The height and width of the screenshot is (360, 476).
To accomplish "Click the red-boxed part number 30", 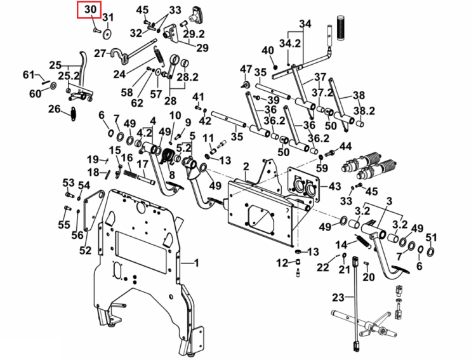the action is pos(90,9).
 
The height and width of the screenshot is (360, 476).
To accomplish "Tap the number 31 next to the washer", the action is pos(108,17).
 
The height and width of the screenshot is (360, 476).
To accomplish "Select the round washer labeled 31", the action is pos(107,34).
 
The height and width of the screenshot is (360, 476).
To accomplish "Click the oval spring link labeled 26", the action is pos(74,114).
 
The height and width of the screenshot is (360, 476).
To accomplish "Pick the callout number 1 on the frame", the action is pos(196,263).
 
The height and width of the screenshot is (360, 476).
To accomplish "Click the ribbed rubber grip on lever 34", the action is pos(341,27).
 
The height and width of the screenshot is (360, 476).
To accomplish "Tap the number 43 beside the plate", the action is pos(334,186).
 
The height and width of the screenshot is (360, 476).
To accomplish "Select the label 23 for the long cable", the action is pos(338,297).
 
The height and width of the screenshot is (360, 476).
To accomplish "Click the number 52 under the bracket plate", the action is pos(85,250).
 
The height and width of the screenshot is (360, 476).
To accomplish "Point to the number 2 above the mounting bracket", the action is pos(246,166).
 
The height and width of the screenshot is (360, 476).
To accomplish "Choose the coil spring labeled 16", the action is pos(130,174).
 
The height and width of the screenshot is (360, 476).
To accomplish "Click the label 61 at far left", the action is pos(29,74).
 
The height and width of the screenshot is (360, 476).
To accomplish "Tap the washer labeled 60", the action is pos(53,86).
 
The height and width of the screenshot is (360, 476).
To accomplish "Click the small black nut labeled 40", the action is pos(275,67).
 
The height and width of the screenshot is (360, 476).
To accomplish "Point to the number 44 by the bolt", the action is pos(345,146).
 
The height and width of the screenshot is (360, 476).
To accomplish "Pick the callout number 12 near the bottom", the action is pos(282,263).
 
